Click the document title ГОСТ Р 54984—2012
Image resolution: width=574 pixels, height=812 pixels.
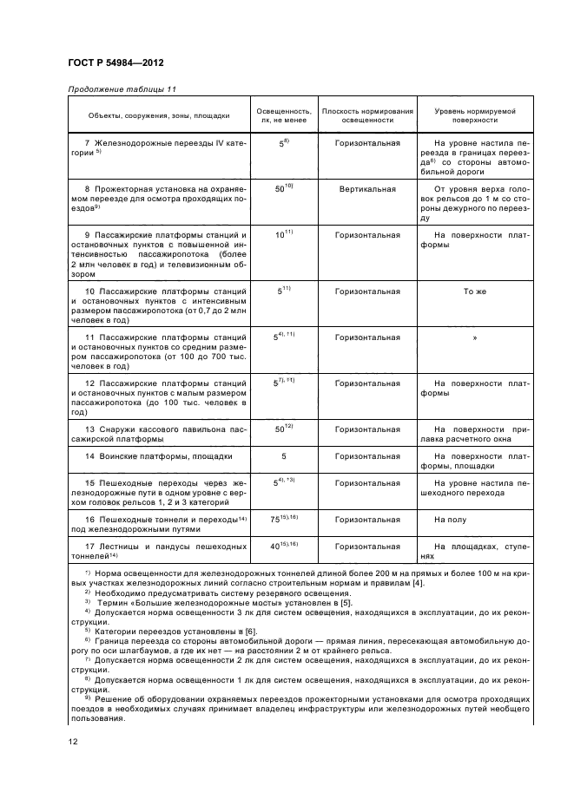115,62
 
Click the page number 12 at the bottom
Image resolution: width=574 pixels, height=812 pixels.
74,740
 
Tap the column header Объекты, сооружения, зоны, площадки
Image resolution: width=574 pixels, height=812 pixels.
159,115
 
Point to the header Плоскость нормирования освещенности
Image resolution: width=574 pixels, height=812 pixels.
367,115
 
